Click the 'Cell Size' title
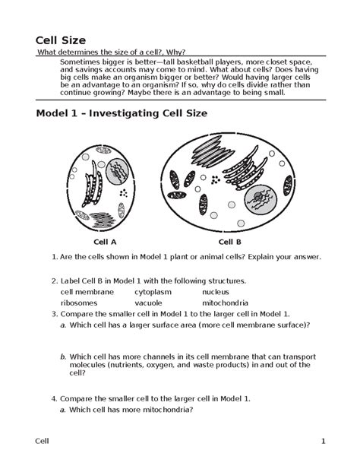[x=61, y=40]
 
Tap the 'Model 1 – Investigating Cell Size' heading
[x=122, y=113]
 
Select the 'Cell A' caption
[x=105, y=242]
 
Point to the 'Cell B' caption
[x=230, y=242]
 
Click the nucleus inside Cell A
[x=117, y=172]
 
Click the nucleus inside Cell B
[x=261, y=199]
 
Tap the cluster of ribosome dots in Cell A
[x=123, y=193]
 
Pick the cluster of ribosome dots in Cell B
[x=216, y=179]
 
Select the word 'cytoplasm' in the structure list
[x=153, y=292]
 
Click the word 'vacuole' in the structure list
[x=148, y=303]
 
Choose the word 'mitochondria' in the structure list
[x=225, y=303]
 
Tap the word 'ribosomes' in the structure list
[x=79, y=303]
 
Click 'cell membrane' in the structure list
[x=87, y=292]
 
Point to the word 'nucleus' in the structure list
[x=216, y=292]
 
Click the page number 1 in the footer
[x=324, y=442]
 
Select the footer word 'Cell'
[x=42, y=442]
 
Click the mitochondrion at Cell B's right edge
[x=288, y=185]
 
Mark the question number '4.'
[x=54, y=399]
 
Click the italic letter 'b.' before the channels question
[x=63, y=357]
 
